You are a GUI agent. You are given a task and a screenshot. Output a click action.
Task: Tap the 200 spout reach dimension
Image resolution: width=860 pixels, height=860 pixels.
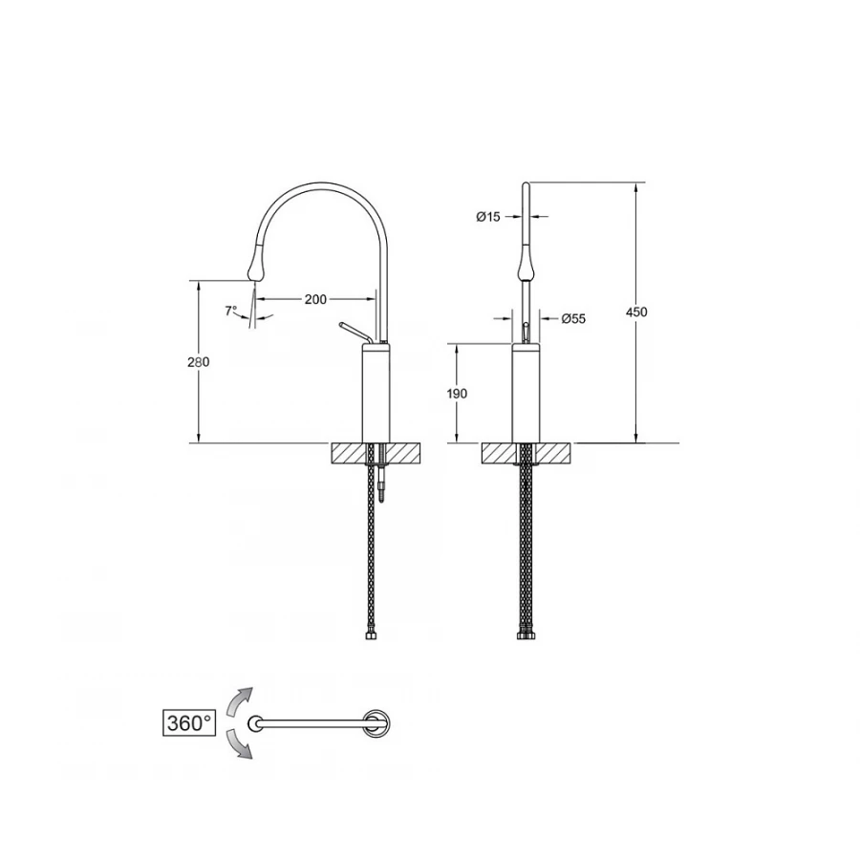tap(315, 299)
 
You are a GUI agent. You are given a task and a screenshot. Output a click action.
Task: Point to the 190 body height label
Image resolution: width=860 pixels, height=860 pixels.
tap(457, 394)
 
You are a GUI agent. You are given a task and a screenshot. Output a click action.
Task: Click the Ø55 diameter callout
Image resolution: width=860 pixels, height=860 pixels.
tap(572, 318)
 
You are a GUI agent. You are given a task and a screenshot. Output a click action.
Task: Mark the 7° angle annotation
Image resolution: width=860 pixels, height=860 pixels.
tap(230, 311)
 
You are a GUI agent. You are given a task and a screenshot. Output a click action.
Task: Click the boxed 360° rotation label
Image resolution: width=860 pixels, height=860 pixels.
tap(187, 722)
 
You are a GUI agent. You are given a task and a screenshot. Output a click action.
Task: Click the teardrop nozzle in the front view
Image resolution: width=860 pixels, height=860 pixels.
tap(525, 263)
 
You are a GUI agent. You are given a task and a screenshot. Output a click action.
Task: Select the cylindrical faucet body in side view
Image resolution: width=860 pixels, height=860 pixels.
tap(374, 395)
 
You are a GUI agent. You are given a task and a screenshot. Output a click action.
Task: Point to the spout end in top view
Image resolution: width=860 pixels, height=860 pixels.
tap(255, 723)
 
